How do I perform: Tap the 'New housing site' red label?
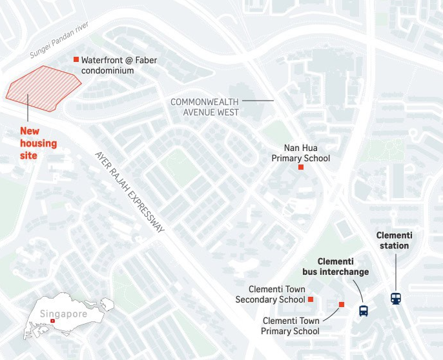tap(38, 143)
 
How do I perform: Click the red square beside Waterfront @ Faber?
tap(76, 59)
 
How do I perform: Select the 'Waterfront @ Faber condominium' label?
tap(119, 65)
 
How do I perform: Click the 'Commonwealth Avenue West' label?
tap(205, 107)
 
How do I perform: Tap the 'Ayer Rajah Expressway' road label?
tap(130, 192)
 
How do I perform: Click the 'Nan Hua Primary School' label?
tap(300, 154)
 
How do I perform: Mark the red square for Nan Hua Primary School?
tap(300, 168)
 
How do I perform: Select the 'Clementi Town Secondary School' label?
tap(270, 295)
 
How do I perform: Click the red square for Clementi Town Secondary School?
tap(311, 299)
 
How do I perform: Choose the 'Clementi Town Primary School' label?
tap(290, 326)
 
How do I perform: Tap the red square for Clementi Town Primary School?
tap(342, 305)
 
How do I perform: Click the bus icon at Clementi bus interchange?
tap(364, 311)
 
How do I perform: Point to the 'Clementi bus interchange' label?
tap(335, 266)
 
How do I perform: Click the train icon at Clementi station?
tap(395, 299)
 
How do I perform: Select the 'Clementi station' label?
tap(393, 241)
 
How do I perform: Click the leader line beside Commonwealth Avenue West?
tap(258, 101)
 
